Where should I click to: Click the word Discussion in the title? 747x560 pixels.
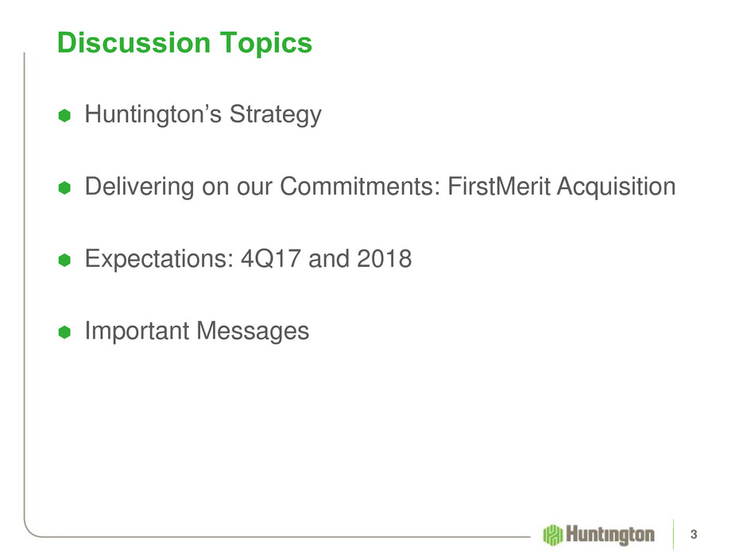coord(134,43)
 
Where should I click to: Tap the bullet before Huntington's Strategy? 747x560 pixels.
coord(64,115)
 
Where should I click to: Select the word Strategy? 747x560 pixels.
coord(276,114)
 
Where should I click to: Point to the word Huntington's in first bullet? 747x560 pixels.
coord(153,114)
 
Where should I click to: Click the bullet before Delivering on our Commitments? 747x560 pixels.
coord(64,187)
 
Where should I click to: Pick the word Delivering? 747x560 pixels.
coord(139,187)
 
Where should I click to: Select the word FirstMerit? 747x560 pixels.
coord(499,186)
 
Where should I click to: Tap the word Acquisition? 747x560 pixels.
coord(617,187)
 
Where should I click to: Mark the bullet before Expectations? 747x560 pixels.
coord(64,260)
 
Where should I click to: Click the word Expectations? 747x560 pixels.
coord(159,259)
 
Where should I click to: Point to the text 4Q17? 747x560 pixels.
coord(271,259)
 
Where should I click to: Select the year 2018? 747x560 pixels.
coord(385,259)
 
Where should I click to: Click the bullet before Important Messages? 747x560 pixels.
coord(64,332)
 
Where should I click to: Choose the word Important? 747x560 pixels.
coord(137,331)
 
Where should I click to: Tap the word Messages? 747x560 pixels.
coord(253,331)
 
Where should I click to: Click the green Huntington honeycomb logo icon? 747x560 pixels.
coord(552,535)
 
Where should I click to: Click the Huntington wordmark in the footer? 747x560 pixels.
coord(610,535)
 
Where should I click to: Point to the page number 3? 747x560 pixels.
coord(694,535)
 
